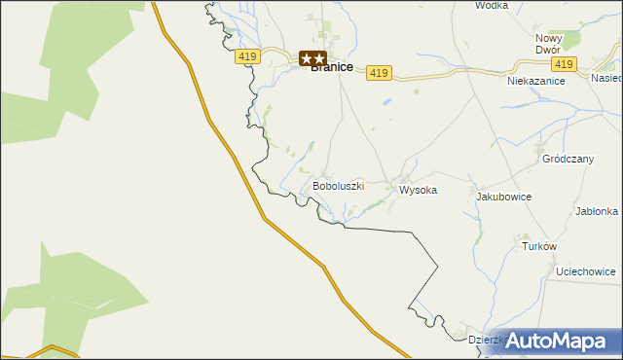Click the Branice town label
coord(331,67)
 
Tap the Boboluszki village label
coord(338,185)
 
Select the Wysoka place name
coord(418,191)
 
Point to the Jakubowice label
coord(503,197)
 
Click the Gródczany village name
coord(568,158)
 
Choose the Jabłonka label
coord(597,211)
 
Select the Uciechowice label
coord(585,271)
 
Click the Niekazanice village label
coord(536,82)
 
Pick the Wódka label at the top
coord(493,5)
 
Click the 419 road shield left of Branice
coord(247,57)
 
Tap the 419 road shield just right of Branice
coord(380,73)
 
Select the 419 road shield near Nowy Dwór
coord(562,64)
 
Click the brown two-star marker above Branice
coord(312,58)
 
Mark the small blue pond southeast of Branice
coord(387,101)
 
